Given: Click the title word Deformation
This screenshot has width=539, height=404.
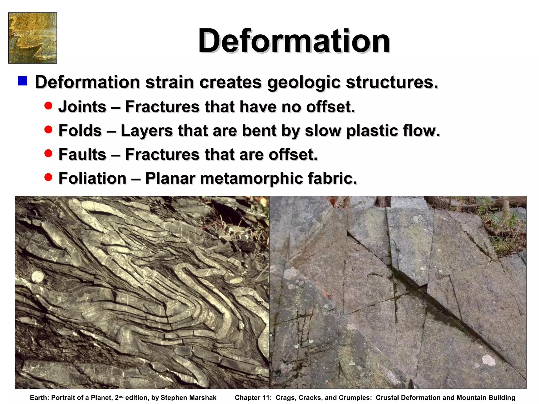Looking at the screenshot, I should tap(294, 41).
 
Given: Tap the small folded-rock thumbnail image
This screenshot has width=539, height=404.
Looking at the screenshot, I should tap(33, 38).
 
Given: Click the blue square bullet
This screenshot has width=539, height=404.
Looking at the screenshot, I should tap(23, 81).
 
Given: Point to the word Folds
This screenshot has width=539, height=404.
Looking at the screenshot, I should tap(80, 131).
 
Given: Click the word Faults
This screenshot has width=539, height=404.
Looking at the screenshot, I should tap(82, 154).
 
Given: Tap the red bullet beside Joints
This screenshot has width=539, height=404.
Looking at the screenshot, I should tap(48, 106).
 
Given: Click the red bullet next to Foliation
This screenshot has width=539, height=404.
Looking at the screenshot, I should tap(48, 177).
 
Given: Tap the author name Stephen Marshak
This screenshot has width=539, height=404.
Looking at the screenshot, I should tap(188, 398).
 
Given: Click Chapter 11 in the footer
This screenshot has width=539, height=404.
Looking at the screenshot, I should tap(253, 398).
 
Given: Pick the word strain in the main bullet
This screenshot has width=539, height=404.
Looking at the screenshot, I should tap(169, 82).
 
